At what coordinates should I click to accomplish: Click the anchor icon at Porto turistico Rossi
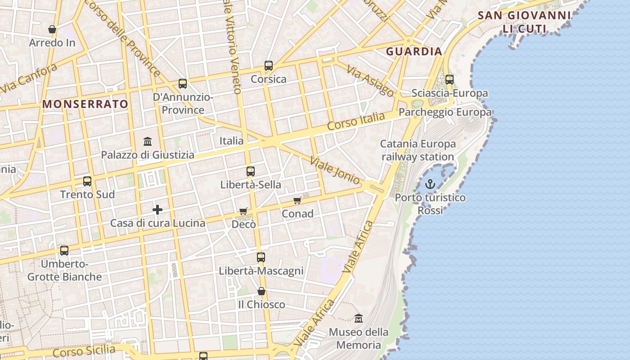(x=430, y=184)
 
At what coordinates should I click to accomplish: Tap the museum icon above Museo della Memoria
(x=358, y=318)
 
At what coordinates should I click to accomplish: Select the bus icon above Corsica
(x=269, y=66)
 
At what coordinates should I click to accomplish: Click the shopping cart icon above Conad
(x=297, y=200)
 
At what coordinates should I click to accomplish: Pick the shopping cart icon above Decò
(x=243, y=211)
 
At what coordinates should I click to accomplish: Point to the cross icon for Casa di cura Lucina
(x=157, y=210)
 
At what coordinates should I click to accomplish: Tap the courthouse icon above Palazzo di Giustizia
(x=148, y=142)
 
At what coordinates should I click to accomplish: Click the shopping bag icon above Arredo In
(x=52, y=30)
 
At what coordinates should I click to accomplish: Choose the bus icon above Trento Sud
(x=87, y=181)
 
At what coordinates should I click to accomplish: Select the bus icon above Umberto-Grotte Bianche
(x=64, y=251)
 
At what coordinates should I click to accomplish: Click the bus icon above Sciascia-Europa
(x=450, y=80)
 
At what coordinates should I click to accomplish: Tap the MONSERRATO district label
(x=85, y=104)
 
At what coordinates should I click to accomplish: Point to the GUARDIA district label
(x=414, y=51)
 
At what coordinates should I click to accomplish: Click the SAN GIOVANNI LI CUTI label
(x=524, y=22)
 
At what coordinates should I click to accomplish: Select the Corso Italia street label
(x=356, y=121)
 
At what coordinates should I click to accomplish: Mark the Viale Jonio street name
(x=335, y=171)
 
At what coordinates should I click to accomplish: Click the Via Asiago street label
(x=370, y=82)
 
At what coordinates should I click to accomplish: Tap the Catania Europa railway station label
(x=418, y=150)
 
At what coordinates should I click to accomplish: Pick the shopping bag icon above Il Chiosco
(x=261, y=292)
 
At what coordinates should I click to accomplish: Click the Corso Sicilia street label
(x=84, y=351)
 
